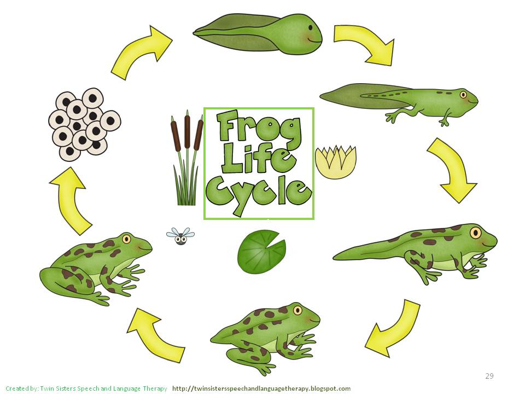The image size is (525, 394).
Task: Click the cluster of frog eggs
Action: coord(84,124)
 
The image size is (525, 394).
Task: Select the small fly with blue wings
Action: coord(180,236)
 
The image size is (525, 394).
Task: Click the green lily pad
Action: coord(261,252)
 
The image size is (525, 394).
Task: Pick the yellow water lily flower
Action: coord(335,162)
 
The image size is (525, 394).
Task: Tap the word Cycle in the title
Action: coord(259,194)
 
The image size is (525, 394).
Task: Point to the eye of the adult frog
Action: coord(126,239)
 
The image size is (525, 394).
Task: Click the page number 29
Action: coord(489,375)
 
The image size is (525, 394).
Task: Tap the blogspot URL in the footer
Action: coord(261,389)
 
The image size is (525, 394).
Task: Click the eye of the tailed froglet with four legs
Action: coord(475,232)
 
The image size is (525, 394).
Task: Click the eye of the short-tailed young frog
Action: coord(297,310)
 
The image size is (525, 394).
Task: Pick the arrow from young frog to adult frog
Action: coord(157,335)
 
